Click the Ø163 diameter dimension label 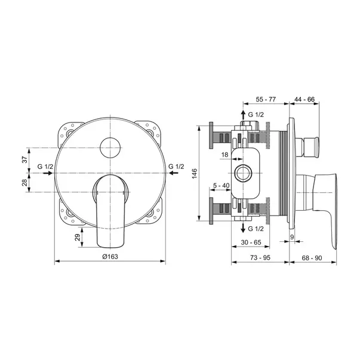click(110, 257)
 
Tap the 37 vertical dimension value click(24, 159)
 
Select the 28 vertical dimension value click(24, 182)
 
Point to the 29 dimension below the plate click(78, 237)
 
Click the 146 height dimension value click(195, 174)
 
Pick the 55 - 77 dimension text click(266, 100)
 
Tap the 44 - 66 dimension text click(304, 100)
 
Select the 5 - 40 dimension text click(221, 185)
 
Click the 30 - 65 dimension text click(251, 242)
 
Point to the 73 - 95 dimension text click(260, 258)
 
